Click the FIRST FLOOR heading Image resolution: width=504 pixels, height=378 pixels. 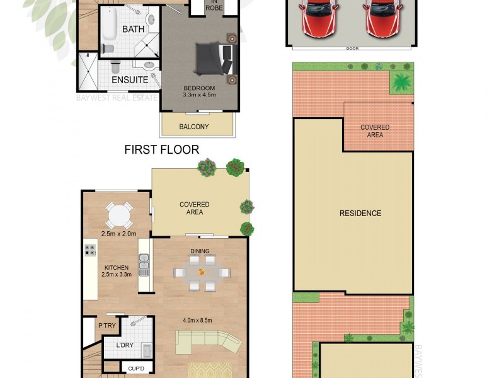pyautogui.click(x=162, y=149)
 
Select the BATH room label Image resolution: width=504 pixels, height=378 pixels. pyautogui.click(x=132, y=30)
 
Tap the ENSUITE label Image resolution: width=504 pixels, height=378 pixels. pyautogui.click(x=130, y=80)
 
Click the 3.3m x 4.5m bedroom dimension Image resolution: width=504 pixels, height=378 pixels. pyautogui.click(x=199, y=95)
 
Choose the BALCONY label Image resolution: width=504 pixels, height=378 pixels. pyautogui.click(x=194, y=127)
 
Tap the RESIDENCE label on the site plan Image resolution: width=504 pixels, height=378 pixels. pyautogui.click(x=360, y=213)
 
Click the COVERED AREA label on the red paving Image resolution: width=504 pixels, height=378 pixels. pyautogui.click(x=375, y=131)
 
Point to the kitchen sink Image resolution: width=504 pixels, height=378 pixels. pyautogui.click(x=144, y=265)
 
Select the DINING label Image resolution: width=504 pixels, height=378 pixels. pyautogui.click(x=200, y=251)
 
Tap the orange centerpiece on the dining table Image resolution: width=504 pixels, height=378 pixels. pyautogui.click(x=202, y=272)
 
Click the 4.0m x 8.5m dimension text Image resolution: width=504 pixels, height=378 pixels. pyautogui.click(x=197, y=321)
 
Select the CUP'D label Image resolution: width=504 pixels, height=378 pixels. pyautogui.click(x=137, y=368)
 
